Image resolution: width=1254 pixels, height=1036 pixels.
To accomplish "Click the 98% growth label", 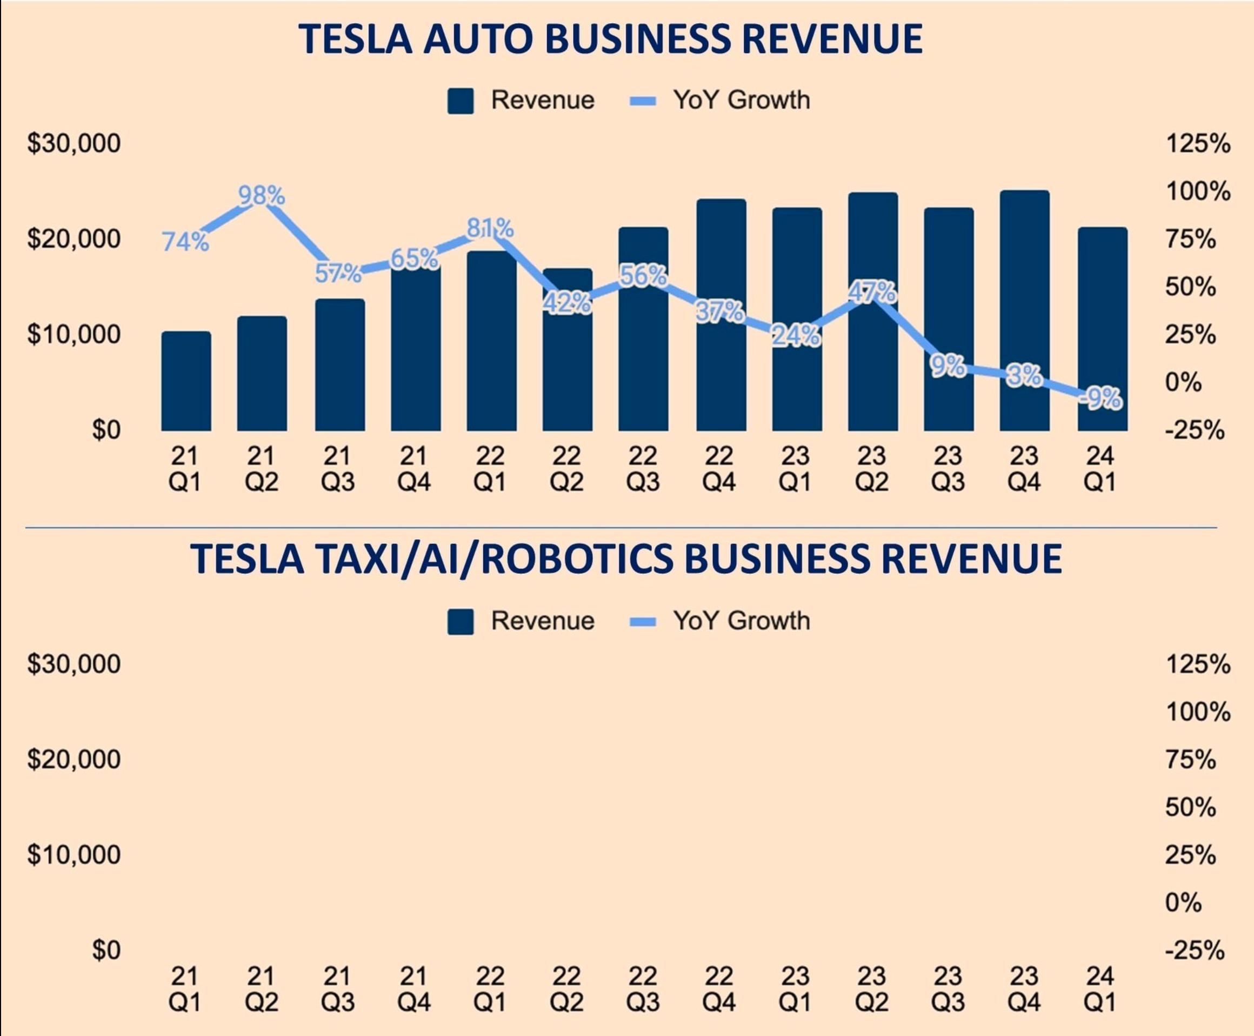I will coord(261,195).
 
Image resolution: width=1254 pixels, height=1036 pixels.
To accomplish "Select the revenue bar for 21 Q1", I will coord(185,382).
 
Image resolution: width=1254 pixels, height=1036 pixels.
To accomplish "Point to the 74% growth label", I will coord(185,242).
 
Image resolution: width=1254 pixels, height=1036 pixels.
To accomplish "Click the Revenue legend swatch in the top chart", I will coord(460,101).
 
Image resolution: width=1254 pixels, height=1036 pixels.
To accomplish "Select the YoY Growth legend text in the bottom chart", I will coord(741,621).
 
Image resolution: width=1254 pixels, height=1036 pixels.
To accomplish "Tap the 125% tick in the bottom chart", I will coord(1197,663).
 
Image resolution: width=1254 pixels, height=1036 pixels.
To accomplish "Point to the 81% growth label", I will coord(490,228).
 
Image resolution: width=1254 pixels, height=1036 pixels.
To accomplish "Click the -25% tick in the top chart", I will coord(1194,430).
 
